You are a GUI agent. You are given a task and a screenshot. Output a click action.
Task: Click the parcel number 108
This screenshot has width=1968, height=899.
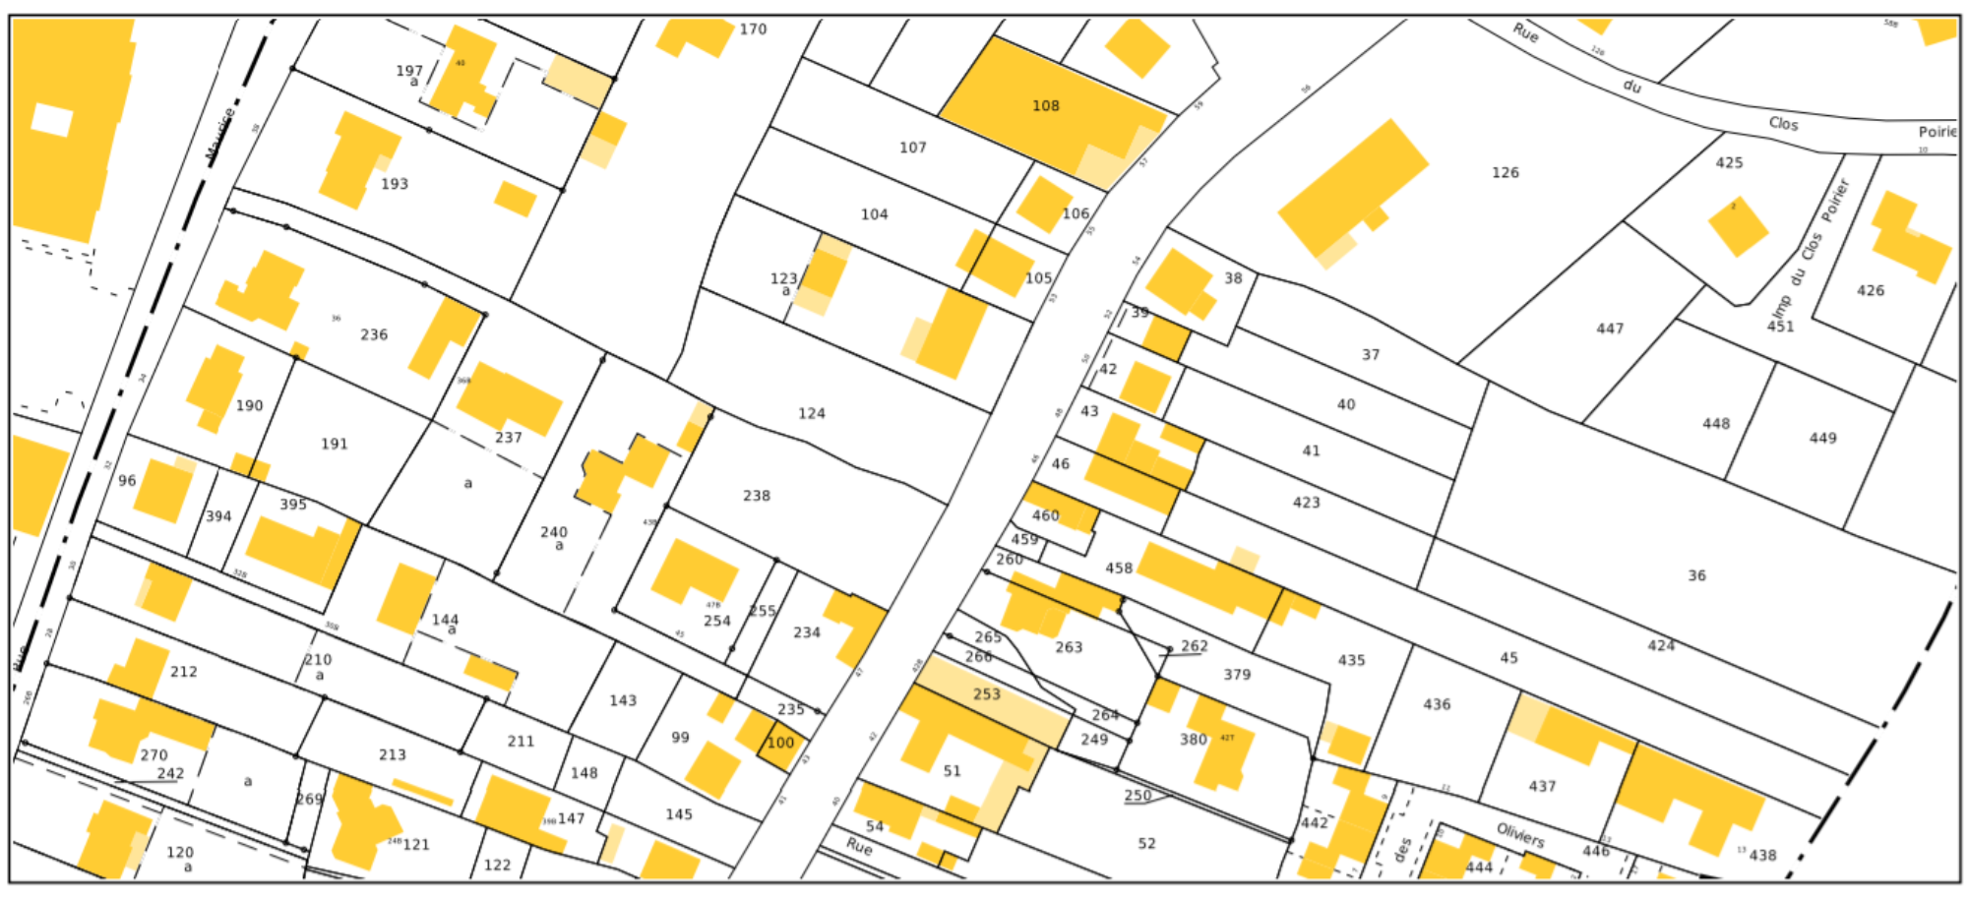click(1045, 106)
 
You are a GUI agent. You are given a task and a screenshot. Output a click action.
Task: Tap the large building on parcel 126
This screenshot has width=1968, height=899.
click(1353, 187)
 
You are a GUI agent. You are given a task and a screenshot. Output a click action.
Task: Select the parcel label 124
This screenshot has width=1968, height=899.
click(811, 414)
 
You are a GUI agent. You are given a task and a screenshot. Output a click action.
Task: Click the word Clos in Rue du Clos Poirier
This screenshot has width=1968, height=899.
click(1783, 124)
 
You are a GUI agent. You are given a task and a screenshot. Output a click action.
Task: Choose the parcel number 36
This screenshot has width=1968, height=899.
click(1696, 575)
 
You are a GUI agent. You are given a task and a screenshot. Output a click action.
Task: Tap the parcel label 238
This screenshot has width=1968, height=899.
click(756, 496)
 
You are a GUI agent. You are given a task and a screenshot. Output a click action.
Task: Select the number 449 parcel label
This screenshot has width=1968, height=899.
click(1822, 439)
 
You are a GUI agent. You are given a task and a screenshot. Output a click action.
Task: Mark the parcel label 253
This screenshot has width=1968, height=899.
click(986, 694)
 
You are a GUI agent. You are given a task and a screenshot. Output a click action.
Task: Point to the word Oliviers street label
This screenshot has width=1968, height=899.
click(1520, 836)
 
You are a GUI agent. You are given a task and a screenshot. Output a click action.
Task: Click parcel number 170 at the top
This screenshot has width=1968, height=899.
click(753, 30)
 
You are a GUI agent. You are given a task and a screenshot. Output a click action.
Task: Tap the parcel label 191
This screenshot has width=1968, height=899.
click(334, 445)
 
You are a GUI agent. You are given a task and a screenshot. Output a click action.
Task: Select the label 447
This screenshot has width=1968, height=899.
click(1610, 329)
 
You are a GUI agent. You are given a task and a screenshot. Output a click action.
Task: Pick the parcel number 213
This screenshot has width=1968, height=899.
click(392, 755)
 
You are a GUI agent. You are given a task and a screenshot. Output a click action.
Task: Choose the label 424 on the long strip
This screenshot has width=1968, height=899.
click(1661, 645)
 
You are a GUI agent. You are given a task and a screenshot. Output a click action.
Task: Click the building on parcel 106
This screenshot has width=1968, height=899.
click(1042, 204)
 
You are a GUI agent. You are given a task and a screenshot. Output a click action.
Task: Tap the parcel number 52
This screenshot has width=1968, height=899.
click(1146, 844)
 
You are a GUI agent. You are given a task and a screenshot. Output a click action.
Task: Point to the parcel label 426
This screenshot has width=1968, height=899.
click(1870, 291)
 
